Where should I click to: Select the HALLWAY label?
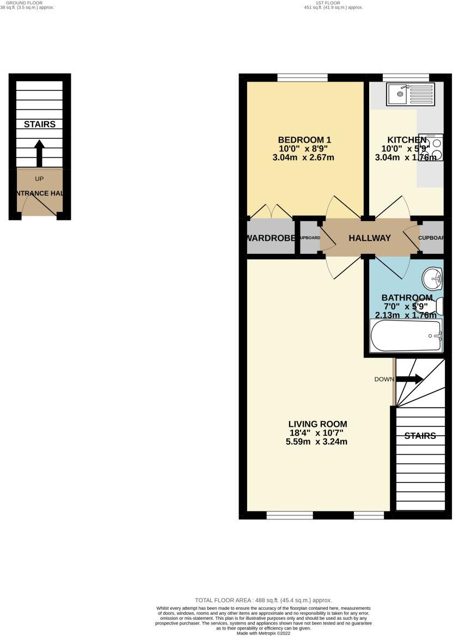pos(370,238)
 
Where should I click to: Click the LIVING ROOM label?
pos(317,424)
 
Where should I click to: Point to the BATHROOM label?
pos(407,298)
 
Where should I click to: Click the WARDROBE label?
pos(271,238)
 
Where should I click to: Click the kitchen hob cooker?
pos(430,147)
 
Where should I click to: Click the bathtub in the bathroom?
pos(406,336)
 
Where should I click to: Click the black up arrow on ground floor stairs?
pos(39,154)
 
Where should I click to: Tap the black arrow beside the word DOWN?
pos(412,380)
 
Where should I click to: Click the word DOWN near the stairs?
pos(384,380)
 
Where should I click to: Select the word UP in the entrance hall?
pos(39,179)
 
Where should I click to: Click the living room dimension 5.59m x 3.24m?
pos(317,442)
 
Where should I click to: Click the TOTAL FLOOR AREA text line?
pos(264,600)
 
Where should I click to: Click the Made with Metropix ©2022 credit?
pos(264,633)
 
